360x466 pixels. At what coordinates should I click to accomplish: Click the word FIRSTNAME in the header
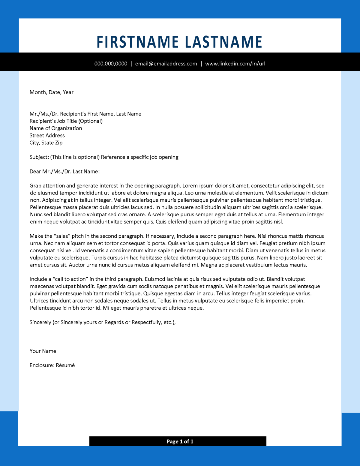pos(137,42)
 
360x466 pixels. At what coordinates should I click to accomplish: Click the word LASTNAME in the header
pos(223,42)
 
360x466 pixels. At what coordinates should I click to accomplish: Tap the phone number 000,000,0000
pos(111,64)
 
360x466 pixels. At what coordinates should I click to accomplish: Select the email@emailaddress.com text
pos(166,64)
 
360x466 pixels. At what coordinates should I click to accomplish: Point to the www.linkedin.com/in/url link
pos(235,64)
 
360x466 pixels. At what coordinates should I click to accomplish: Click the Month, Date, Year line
pos(51,92)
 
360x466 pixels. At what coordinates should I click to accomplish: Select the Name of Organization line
pos(55,128)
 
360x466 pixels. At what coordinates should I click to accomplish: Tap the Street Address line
pos(47,135)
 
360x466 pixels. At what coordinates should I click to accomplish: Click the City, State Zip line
pos(46,143)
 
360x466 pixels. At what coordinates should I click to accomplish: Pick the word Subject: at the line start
pos(39,157)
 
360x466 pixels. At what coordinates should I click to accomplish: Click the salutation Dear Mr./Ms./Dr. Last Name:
pos(64,171)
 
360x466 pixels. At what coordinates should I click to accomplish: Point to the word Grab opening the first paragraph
pos(35,186)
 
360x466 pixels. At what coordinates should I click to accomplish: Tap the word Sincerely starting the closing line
pos(40,322)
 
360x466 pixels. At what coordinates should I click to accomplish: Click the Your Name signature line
pos(43,351)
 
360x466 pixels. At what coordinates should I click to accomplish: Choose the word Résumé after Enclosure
pos(65,365)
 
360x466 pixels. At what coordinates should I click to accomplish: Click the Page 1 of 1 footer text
pos(180,441)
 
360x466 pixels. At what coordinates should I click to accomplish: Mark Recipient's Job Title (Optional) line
pos(66,121)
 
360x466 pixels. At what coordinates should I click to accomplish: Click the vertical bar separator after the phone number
pos(131,64)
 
